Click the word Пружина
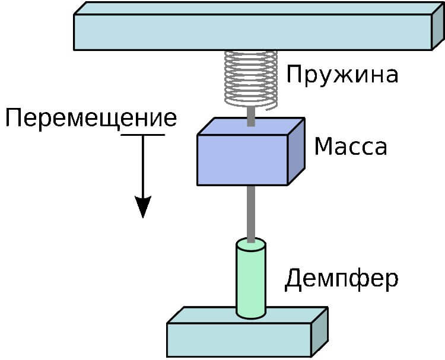pos(341,76)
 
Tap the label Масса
pos(350,146)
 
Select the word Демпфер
pos(341,278)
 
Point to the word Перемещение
pos(91,117)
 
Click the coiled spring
pos(251,79)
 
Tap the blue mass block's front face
pos(242,159)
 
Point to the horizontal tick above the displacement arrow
pos(142,135)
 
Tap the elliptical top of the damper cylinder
pos(251,243)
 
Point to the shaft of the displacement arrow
pos(142,166)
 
